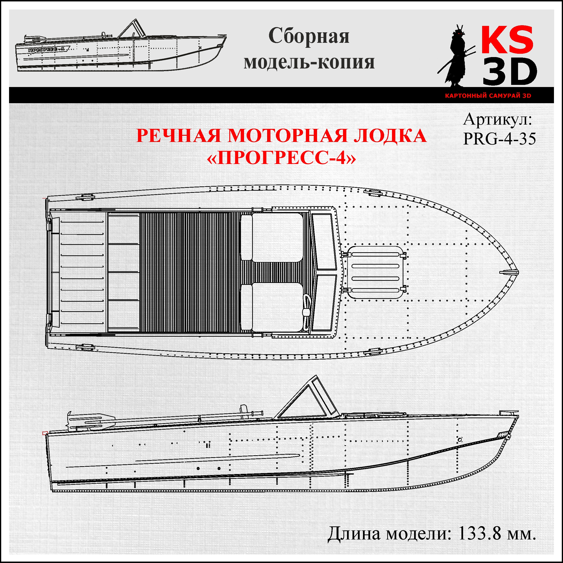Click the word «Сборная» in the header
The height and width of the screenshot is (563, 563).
309,36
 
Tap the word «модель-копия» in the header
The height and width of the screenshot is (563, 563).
309,62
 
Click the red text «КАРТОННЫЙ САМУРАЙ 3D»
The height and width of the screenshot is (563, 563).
488,96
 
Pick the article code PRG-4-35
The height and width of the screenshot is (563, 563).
499,139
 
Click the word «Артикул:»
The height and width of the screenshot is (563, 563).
497,120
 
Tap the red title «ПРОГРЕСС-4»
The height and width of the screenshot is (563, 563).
281,158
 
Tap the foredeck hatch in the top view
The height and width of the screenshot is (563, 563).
375,272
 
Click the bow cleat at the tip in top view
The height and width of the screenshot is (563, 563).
509,272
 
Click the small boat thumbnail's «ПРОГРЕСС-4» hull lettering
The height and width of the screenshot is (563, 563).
47,50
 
